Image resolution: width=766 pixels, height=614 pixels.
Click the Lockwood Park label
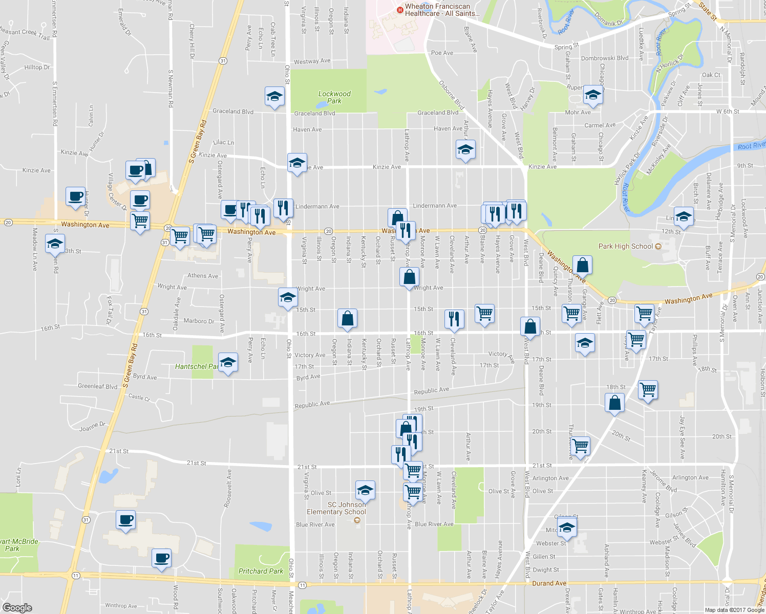point(334,97)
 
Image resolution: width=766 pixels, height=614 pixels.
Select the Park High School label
point(626,246)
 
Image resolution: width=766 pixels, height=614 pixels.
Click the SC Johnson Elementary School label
point(336,508)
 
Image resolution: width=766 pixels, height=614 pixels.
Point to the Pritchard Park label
point(261,571)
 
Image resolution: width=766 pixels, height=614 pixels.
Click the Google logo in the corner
point(17,607)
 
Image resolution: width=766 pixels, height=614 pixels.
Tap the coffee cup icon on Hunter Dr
point(75,196)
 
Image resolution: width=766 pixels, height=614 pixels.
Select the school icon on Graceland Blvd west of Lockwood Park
point(274,96)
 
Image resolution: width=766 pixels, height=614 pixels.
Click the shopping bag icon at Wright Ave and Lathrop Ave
point(409,277)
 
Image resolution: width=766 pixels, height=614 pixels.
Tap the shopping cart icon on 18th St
point(648,389)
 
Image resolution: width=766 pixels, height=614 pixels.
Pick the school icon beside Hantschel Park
point(228,362)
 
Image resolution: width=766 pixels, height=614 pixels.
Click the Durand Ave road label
point(549,583)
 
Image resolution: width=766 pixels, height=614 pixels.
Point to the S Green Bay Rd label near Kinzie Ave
point(197,142)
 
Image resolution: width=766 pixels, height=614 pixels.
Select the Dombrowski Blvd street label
point(604,58)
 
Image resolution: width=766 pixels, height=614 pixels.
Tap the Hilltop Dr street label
point(37,68)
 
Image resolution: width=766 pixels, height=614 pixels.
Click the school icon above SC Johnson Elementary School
point(365,490)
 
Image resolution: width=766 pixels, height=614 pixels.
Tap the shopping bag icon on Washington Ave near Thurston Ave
point(582,265)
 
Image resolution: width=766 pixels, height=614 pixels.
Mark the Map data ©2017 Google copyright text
point(734,610)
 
